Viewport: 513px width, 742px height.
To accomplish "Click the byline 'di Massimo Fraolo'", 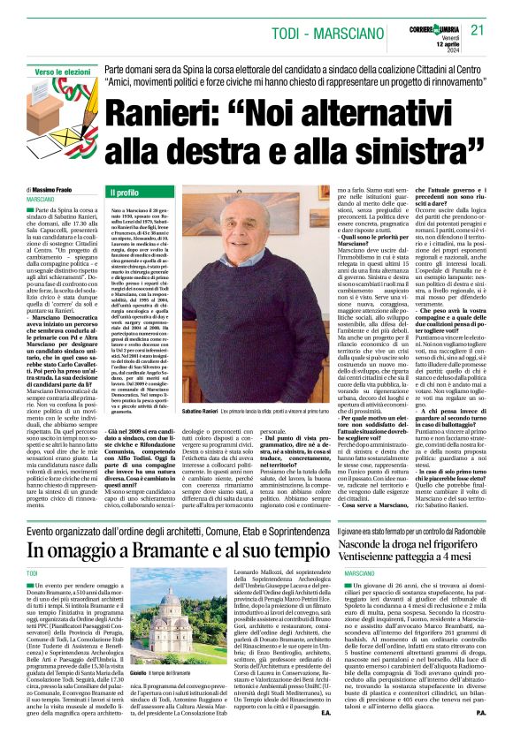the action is tap(53, 190).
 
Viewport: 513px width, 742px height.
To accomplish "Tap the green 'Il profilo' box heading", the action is tap(123, 192).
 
